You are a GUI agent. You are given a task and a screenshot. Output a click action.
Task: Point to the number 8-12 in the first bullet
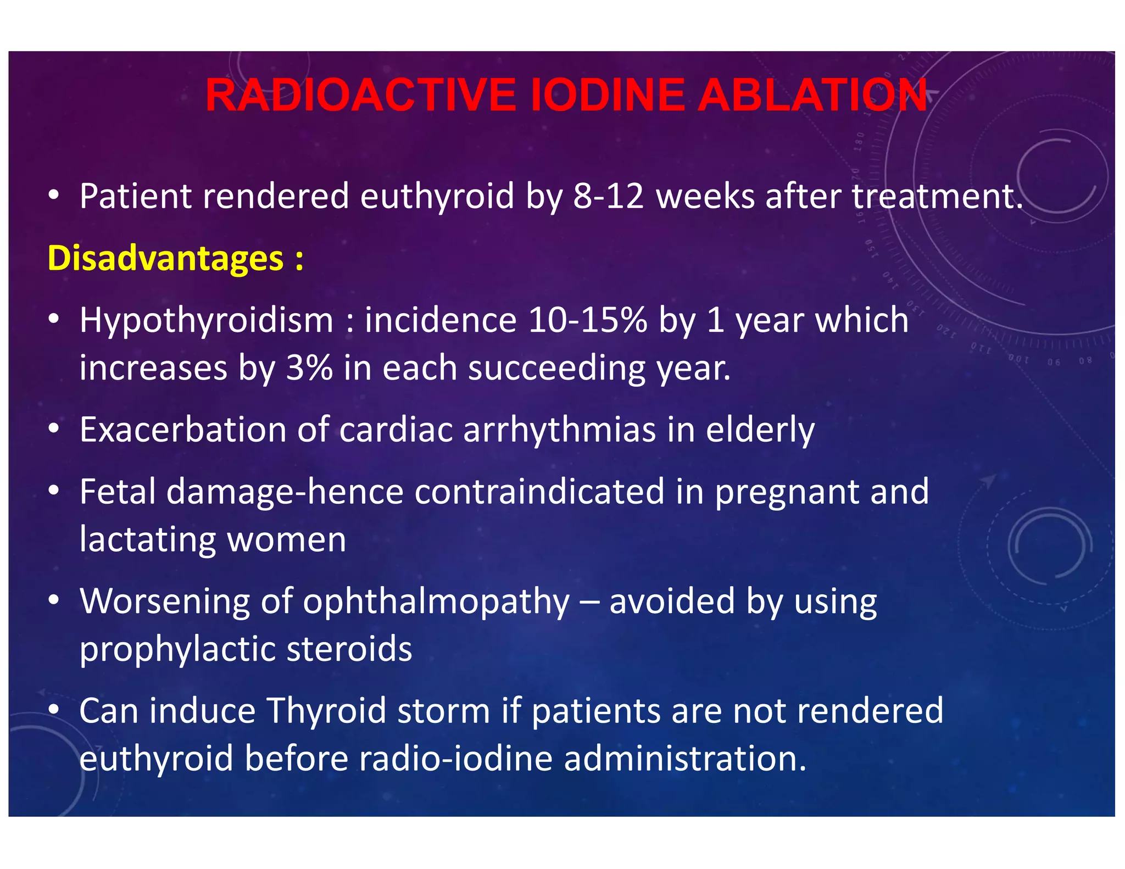[x=608, y=196]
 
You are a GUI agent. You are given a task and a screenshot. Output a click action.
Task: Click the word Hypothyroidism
[x=207, y=321]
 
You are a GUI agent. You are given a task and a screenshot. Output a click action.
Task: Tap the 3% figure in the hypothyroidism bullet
[x=309, y=368]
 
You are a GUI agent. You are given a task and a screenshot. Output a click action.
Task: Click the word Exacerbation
[x=183, y=430]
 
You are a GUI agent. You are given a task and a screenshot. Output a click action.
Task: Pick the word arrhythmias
[x=559, y=430]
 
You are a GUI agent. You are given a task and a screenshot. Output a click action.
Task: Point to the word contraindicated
[x=539, y=491]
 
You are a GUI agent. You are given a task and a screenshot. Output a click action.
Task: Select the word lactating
[x=148, y=540]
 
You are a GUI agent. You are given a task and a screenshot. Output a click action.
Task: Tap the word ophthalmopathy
[x=436, y=602]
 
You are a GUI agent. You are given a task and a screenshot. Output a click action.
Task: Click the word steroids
[x=349, y=649]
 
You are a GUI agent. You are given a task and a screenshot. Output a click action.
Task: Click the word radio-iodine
[x=456, y=759]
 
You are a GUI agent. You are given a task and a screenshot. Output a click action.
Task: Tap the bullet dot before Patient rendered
[x=53, y=194]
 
